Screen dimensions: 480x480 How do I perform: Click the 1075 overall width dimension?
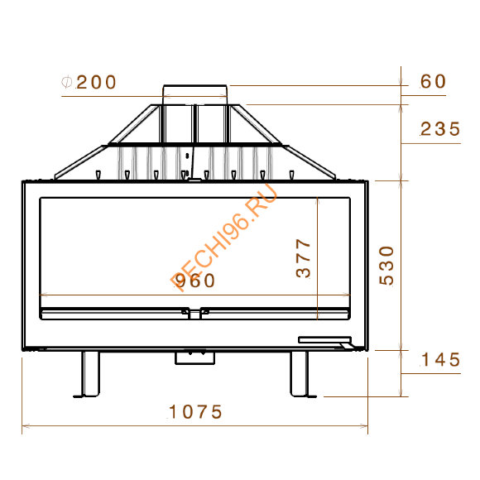pos(195,412)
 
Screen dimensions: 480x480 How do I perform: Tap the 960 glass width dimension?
pos(195,281)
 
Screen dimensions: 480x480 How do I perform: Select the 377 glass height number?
pos(304,258)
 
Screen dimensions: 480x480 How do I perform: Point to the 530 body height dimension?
pos(386,266)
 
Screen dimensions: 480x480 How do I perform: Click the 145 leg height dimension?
pos(440,359)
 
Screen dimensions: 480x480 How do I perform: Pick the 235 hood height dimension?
pos(440,129)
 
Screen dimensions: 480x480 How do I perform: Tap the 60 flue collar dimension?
pos(433,81)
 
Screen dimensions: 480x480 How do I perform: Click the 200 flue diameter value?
pos(96,83)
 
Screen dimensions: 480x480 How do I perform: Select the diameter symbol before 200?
pos(66,83)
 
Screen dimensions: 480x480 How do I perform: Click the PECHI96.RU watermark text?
pos(224,238)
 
